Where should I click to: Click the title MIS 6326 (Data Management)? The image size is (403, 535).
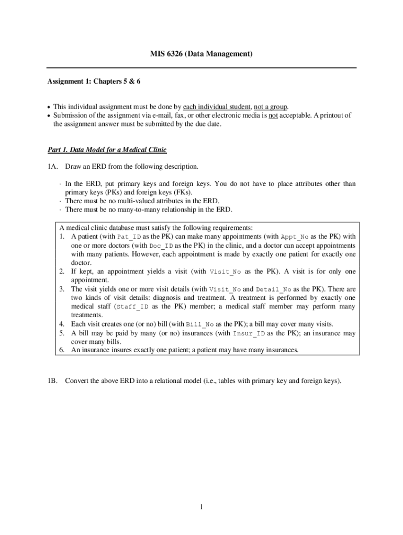pos(201,54)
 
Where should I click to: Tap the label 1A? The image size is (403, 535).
pos(51,167)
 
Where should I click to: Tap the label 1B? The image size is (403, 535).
pos(51,381)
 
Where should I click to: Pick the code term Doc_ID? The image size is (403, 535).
pos(162,246)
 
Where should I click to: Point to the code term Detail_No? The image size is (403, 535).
pos(273,289)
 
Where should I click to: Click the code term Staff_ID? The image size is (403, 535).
pos(130,307)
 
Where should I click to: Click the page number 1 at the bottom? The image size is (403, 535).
pos(201,507)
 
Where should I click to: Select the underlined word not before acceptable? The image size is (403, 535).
pos(273,115)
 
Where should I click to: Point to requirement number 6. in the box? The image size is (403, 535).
pos(62,351)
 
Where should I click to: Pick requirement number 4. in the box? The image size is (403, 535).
pos(62,324)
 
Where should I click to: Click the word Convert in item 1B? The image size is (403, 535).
pos(76,381)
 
